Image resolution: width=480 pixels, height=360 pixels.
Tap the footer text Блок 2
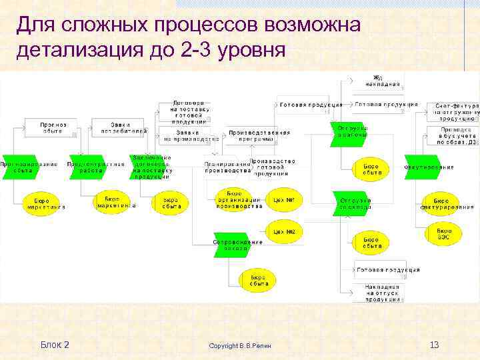point(55,345)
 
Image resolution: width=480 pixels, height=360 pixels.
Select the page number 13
point(434,345)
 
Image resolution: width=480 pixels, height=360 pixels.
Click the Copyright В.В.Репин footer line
point(245,346)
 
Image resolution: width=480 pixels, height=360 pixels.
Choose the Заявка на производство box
point(191,136)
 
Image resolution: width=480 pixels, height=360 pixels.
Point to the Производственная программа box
point(259,136)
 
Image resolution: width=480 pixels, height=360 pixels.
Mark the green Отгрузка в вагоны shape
point(352,131)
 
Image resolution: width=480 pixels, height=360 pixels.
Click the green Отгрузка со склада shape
point(355,203)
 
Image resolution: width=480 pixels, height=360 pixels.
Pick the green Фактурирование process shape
point(430,167)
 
